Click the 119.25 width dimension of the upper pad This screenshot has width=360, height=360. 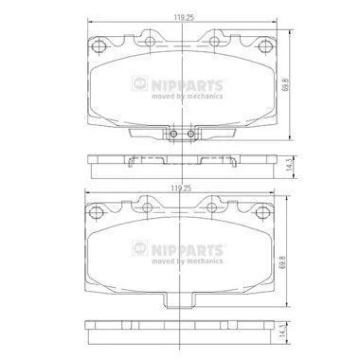point(184,18)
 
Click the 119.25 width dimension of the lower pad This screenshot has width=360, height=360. point(182,189)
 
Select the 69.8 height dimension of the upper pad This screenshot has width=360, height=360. point(286,85)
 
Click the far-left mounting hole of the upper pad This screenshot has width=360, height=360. point(99,46)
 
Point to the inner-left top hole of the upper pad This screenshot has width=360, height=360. point(150,41)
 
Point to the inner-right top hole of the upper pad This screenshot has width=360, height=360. point(214,41)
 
